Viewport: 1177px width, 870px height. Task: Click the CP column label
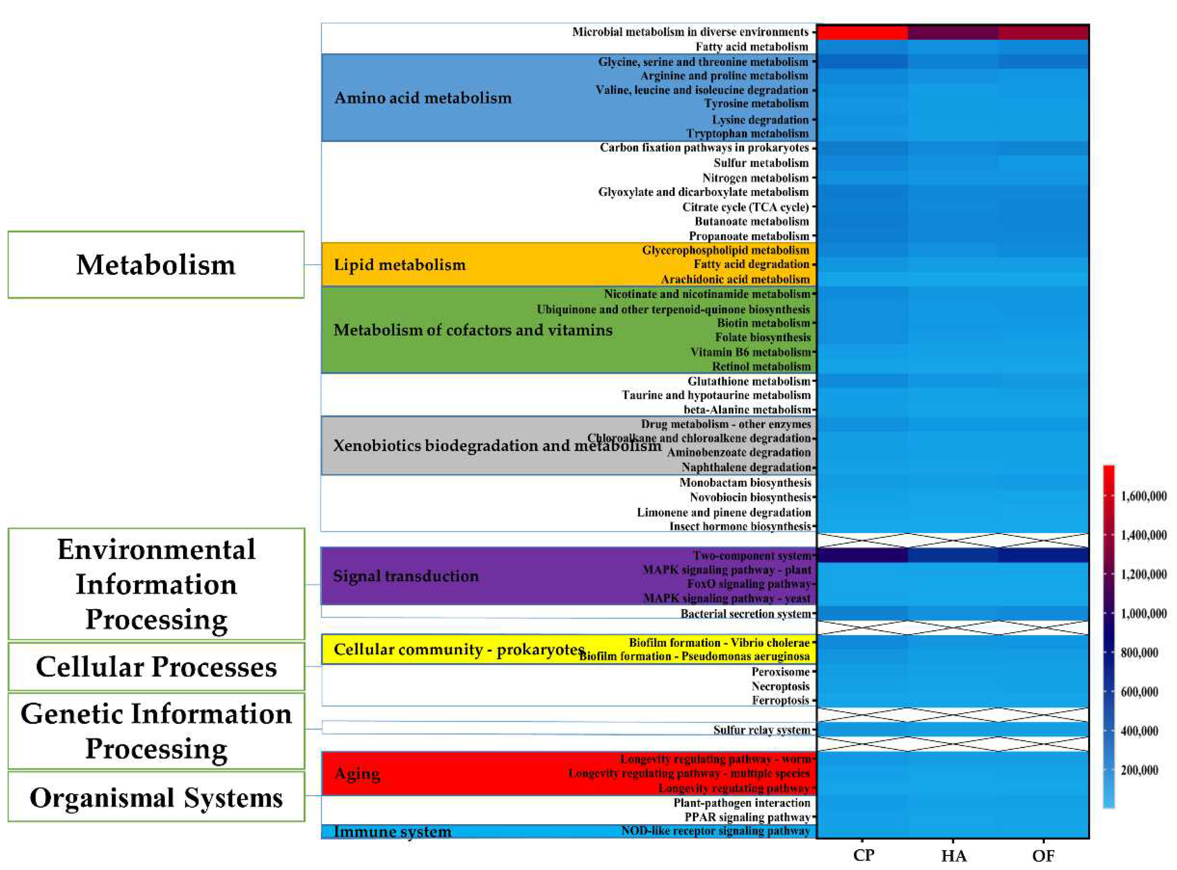pos(863,855)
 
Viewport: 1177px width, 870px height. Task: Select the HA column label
pos(953,856)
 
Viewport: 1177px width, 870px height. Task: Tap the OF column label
pos(1043,856)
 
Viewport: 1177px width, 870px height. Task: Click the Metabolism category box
pos(156,264)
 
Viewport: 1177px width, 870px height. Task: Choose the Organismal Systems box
pos(156,797)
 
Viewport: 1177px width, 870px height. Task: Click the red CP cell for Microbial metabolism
pos(862,32)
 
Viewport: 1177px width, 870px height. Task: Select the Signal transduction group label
pos(406,575)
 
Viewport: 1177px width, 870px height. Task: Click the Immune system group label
pos(392,832)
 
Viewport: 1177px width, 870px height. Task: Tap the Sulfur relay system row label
pos(762,730)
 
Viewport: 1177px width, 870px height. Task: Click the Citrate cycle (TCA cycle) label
pos(745,207)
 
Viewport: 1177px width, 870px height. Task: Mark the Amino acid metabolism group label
pos(423,97)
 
